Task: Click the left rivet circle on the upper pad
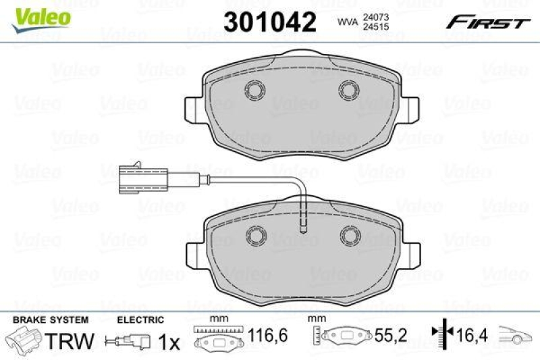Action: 255,89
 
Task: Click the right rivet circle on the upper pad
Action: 350,89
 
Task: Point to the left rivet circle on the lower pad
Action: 255,235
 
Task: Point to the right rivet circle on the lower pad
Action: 350,235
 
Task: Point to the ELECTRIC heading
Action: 140,320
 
